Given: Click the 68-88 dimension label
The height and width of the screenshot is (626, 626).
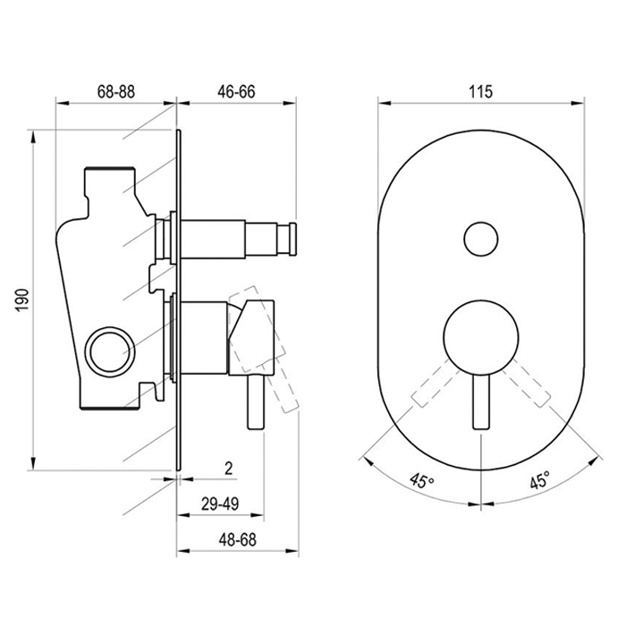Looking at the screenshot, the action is pos(116,91).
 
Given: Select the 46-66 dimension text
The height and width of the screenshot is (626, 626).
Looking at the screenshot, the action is pos(236,91).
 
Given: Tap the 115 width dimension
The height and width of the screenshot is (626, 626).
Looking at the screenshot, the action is pos(481,91).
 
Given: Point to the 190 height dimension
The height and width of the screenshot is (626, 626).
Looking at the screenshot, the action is pos(23,300).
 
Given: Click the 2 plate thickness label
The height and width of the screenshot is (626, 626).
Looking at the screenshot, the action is pos(228,469).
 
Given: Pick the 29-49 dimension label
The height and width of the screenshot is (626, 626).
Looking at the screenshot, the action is pos(220,503).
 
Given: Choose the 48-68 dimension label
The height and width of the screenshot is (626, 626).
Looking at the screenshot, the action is pos(237,540).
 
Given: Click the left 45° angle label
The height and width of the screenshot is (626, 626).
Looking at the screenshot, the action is pos(421,480).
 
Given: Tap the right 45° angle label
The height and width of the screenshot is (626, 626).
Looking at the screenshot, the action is pos(540,479).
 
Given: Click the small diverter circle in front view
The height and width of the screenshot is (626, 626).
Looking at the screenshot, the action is pos(481,239).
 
